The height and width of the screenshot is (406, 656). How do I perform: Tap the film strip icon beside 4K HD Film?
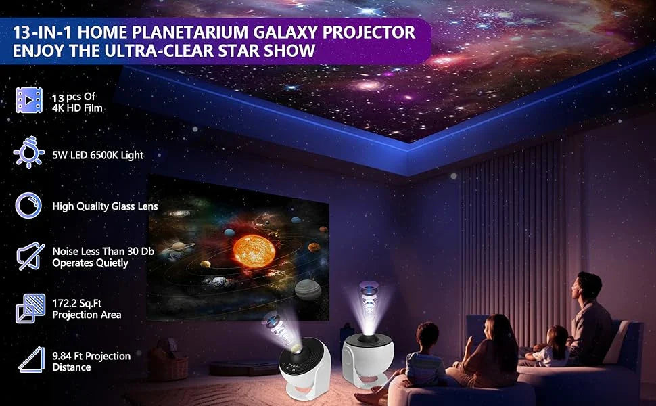click(x=29, y=100)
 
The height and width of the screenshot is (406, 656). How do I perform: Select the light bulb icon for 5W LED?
click(x=29, y=153)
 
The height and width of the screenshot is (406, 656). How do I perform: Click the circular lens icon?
click(x=29, y=206)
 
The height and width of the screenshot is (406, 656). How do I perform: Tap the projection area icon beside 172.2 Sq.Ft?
click(x=29, y=309)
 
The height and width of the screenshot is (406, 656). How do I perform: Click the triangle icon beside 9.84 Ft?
click(x=29, y=361)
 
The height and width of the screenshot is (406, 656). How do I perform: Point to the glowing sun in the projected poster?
click(x=254, y=250)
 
